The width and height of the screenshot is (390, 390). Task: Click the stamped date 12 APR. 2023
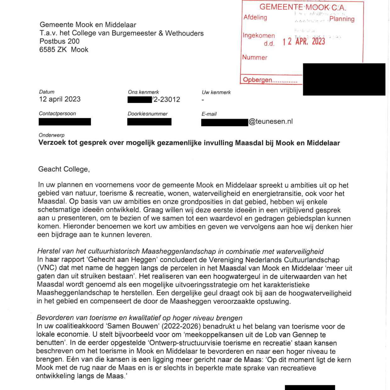[304, 41]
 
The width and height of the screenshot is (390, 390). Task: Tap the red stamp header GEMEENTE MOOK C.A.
[303, 7]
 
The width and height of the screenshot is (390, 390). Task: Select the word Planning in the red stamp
[342, 19]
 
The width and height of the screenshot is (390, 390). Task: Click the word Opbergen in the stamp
[258, 80]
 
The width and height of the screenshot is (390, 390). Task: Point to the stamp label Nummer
[255, 58]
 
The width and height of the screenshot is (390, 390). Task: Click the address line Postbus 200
[59, 41]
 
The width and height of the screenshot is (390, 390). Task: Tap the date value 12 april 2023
[60, 99]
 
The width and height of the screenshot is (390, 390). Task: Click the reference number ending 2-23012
[166, 100]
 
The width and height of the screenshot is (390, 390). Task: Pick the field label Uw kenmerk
[216, 92]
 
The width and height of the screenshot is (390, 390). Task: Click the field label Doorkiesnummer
[148, 114]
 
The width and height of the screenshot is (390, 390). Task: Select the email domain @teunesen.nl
[271, 122]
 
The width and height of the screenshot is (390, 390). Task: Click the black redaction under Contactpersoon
[65, 122]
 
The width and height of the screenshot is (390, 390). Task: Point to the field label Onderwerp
[52, 135]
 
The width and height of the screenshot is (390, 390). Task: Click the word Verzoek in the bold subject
[52, 143]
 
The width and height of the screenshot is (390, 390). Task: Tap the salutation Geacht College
[64, 169]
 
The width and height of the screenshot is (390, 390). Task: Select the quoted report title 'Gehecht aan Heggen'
[122, 260]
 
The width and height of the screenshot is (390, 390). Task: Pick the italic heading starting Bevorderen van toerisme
[139, 318]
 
